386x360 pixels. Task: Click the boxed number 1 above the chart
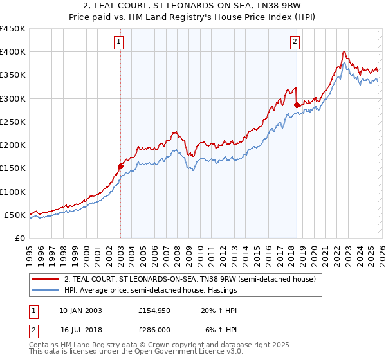point(120,42)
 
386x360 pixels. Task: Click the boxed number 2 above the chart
point(295,42)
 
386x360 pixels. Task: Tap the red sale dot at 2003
point(120,166)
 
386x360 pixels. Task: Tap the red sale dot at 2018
point(297,105)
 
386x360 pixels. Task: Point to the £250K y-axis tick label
point(13,122)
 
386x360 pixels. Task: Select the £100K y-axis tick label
point(13,192)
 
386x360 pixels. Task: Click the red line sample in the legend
point(45,280)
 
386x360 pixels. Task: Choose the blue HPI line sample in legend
point(45,291)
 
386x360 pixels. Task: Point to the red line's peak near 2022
point(345,51)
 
